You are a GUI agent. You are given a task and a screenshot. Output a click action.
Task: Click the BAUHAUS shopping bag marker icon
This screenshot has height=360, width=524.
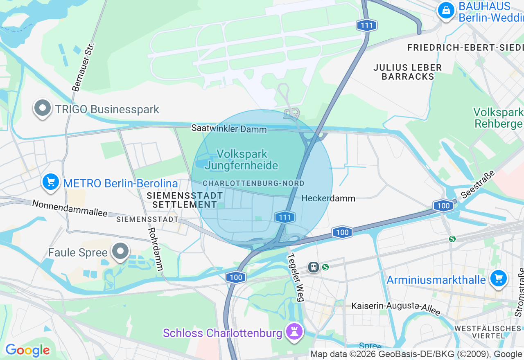click(446, 10)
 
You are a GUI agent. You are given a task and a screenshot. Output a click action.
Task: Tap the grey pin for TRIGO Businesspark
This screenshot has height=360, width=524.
click(43, 108)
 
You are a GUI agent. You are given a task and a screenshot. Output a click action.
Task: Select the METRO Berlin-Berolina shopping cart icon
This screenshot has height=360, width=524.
click(51, 182)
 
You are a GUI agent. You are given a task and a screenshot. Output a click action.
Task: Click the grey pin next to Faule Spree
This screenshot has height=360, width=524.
click(120, 252)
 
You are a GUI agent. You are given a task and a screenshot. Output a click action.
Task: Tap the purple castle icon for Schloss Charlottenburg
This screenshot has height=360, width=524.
click(294, 331)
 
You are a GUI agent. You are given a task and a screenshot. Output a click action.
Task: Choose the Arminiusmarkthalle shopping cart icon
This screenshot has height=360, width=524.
click(498, 279)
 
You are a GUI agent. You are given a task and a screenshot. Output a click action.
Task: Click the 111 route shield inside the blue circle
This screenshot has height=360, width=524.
click(285, 217)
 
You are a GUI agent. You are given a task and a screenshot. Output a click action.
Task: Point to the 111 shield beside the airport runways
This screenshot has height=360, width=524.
click(366, 26)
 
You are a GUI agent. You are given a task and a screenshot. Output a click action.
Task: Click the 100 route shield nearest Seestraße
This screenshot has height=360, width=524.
click(444, 206)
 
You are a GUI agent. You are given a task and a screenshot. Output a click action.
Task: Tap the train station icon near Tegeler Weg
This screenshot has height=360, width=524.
click(314, 267)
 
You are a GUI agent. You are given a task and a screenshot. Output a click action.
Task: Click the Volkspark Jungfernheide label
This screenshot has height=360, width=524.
click(242, 160)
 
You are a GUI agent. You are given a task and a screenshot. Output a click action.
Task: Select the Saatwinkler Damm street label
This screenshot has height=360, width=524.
click(229, 129)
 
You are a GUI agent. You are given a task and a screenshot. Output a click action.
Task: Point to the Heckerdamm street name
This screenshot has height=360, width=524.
click(328, 198)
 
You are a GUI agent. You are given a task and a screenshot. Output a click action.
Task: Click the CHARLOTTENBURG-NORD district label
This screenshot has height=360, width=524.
click(253, 183)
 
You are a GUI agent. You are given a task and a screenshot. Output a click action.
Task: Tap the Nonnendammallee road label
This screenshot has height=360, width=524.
click(70, 208)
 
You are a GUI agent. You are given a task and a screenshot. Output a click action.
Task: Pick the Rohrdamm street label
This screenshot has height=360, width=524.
click(156, 249)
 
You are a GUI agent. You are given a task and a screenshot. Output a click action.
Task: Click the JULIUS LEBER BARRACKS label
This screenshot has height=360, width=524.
click(407, 72)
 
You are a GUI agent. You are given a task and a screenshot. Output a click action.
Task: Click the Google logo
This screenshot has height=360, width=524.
click(27, 351)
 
